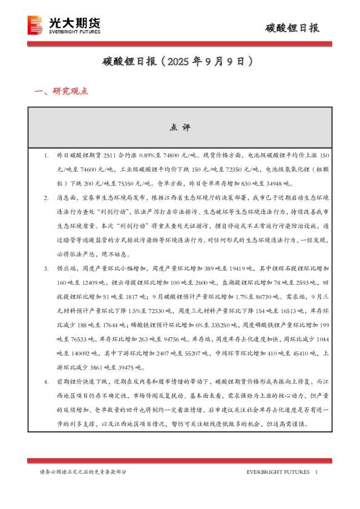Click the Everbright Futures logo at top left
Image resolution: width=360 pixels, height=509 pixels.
64,25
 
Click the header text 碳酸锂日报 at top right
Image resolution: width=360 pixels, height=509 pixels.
293,28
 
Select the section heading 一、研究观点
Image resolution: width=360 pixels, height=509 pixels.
62,92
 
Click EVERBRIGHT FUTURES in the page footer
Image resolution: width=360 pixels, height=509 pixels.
278,472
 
